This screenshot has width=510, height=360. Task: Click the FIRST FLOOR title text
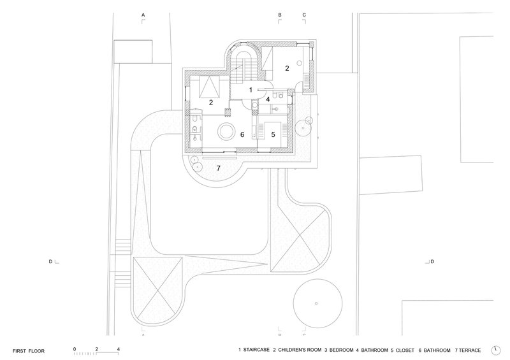tap(29, 351)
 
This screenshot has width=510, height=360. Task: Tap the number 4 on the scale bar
tap(119, 349)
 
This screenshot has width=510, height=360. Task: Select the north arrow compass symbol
tap(496, 350)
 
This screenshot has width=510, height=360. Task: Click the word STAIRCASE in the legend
tap(256, 350)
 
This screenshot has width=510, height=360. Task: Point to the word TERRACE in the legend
tap(470, 350)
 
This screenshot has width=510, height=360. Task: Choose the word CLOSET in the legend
tap(405, 350)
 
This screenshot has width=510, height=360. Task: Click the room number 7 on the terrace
tap(219, 168)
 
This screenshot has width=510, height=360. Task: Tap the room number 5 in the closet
tap(273, 134)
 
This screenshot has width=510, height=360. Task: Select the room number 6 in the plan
tap(242, 134)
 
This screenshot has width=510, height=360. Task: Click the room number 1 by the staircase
tap(251, 90)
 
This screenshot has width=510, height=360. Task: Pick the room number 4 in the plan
tap(268, 99)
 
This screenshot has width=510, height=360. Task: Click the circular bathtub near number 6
tap(225, 132)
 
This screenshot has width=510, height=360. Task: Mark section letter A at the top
tap(143, 15)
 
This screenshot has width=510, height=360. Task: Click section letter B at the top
tap(280, 15)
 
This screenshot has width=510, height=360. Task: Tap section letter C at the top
tap(304, 15)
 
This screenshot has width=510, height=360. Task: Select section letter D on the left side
tap(50, 261)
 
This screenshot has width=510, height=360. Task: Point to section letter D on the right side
tap(432, 261)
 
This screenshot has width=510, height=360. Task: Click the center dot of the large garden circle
tap(316, 303)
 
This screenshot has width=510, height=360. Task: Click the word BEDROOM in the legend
tap(341, 350)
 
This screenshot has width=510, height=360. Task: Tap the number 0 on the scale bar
tap(75, 349)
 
